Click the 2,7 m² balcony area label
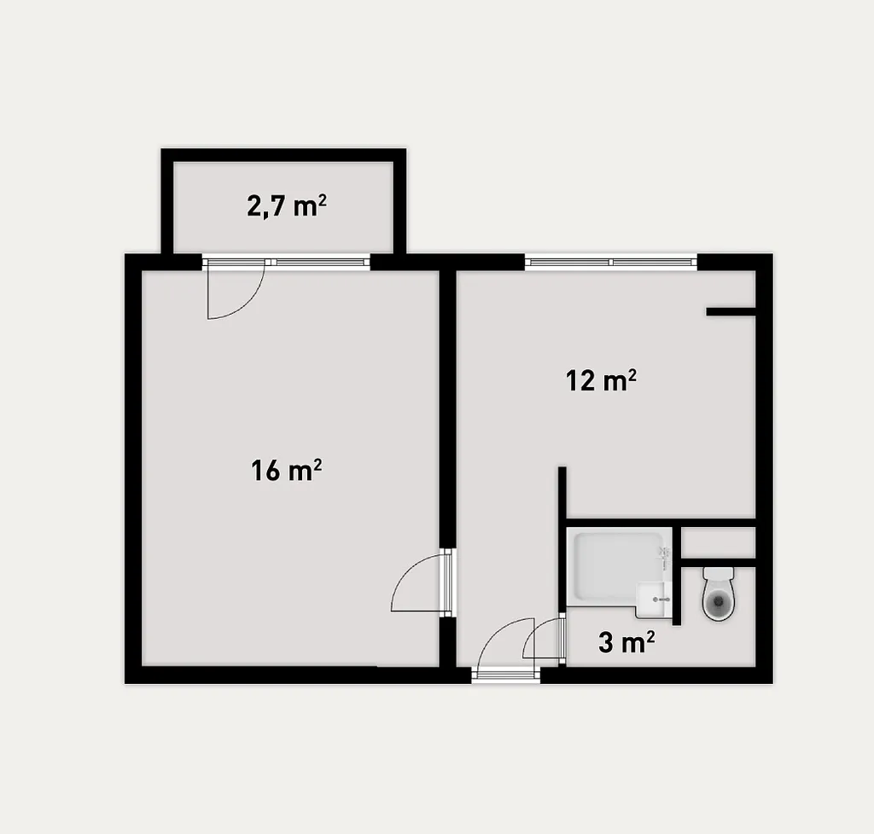(287, 206)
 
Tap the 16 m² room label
(286, 470)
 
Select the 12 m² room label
(601, 381)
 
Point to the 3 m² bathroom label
(626, 642)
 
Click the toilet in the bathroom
(719, 594)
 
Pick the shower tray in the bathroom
(619, 566)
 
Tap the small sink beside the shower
(655, 599)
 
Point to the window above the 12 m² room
(611, 262)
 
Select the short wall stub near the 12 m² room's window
(731, 312)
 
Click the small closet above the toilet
(719, 543)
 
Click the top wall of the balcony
(283, 155)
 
